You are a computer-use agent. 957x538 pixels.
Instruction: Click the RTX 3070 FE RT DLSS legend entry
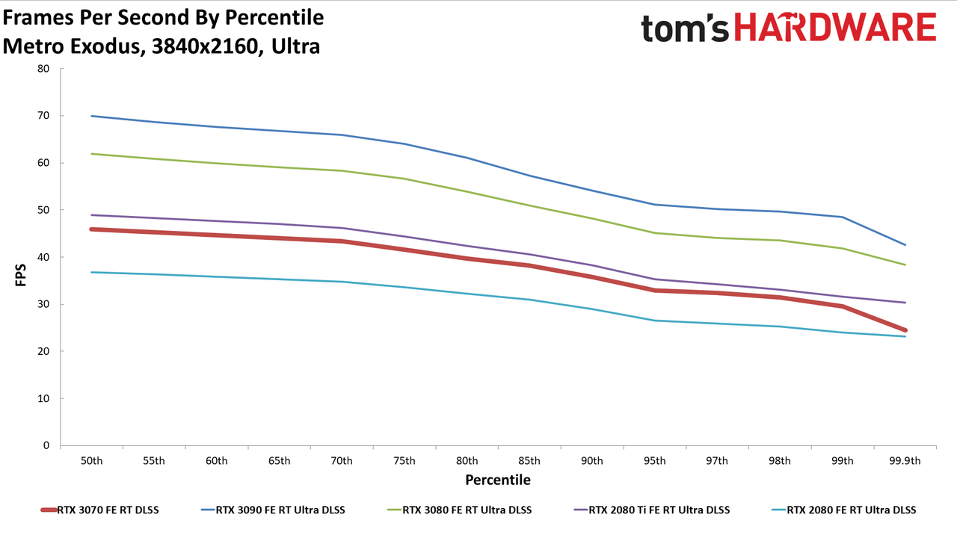click(x=100, y=510)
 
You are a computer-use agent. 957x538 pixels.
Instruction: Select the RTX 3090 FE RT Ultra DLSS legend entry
click(x=273, y=510)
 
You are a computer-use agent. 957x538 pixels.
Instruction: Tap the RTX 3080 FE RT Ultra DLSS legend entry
click(x=459, y=510)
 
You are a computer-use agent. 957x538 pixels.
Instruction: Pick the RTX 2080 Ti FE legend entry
click(x=652, y=510)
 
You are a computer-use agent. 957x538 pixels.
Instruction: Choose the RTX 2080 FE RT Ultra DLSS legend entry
click(x=844, y=510)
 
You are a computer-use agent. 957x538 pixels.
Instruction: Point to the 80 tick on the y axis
click(x=43, y=69)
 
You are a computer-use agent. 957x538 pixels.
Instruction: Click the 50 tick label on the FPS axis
click(x=43, y=210)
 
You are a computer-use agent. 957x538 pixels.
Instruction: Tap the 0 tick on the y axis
click(x=46, y=445)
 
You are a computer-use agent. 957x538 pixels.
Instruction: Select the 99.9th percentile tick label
click(x=905, y=461)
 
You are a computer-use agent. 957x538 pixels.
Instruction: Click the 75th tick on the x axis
click(x=404, y=461)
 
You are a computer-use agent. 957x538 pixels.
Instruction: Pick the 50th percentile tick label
click(x=91, y=461)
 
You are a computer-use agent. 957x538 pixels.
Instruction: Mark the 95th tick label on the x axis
click(x=654, y=461)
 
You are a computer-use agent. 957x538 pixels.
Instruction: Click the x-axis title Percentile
click(x=498, y=480)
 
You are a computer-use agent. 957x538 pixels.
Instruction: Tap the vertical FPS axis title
click(x=20, y=275)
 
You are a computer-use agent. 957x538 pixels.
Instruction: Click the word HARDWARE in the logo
click(x=835, y=27)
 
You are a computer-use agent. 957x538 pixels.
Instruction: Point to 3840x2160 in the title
click(x=205, y=46)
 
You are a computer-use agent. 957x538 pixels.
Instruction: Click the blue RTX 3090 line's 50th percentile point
click(x=91, y=116)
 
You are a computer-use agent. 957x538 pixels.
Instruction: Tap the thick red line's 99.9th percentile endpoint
click(x=905, y=330)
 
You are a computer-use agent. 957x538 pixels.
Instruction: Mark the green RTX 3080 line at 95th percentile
click(x=654, y=232)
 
